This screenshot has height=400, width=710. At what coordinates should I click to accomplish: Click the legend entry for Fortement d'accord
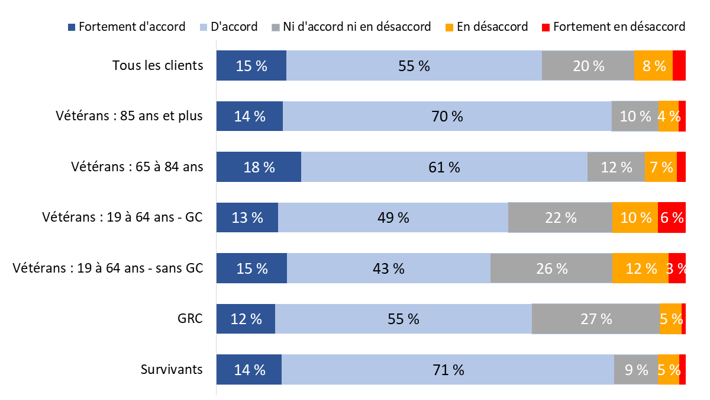click(x=127, y=27)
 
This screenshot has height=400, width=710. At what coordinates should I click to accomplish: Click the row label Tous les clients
click(x=157, y=65)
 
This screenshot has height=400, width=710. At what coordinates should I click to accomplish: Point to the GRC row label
click(x=190, y=319)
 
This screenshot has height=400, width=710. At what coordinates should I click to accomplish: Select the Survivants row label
click(x=172, y=370)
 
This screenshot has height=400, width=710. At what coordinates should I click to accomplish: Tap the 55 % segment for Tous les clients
click(x=414, y=65)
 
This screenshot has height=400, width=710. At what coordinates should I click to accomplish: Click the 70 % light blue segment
click(x=447, y=116)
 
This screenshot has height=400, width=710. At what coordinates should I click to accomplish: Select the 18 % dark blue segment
click(x=259, y=167)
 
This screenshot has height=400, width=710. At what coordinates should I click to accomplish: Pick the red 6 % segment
click(x=672, y=217)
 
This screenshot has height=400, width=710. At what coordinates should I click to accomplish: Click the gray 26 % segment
click(x=551, y=268)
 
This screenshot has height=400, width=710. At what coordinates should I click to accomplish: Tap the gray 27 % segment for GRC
click(x=596, y=319)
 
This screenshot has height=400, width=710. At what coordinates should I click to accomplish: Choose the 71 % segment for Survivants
click(x=448, y=370)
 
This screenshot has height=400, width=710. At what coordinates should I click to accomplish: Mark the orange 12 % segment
click(x=641, y=268)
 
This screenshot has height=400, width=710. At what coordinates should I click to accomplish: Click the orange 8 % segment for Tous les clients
click(x=653, y=65)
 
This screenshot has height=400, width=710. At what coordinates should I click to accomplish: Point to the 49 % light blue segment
click(x=393, y=217)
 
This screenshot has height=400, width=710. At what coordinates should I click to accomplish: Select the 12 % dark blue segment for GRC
click(x=246, y=319)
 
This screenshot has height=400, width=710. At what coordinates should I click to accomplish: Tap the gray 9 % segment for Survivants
click(x=636, y=370)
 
